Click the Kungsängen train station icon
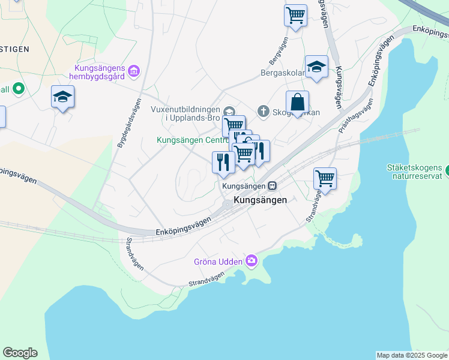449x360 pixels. (x=273, y=186)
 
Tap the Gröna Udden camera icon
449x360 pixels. (x=251, y=261)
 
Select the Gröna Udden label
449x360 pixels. (x=218, y=262)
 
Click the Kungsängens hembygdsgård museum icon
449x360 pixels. (x=133, y=73)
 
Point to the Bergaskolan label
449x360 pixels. (x=282, y=74)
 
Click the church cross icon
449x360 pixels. (x=263, y=111)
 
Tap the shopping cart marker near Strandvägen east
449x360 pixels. (x=325, y=178)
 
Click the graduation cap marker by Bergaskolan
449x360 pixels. (x=316, y=67)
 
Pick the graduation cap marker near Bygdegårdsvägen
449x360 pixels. (x=62, y=97)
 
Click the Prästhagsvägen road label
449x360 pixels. (x=356, y=115)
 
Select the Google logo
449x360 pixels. (x=20, y=353)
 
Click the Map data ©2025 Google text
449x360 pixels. (x=411, y=355)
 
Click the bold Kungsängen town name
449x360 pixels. (x=260, y=200)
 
